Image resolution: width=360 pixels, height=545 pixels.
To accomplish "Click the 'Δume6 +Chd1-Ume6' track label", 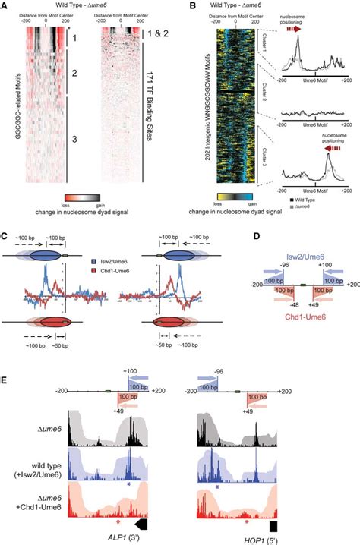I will (25, 497).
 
